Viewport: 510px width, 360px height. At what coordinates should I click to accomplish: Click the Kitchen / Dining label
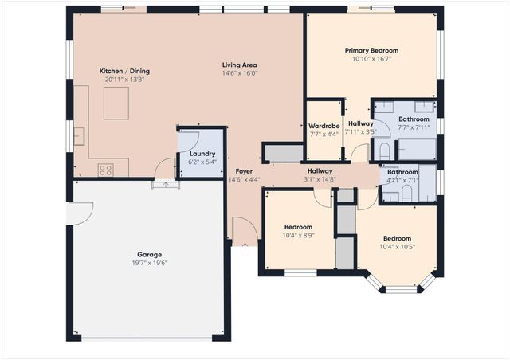point(124,71)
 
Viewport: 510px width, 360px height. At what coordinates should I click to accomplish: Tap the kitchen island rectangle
point(116,102)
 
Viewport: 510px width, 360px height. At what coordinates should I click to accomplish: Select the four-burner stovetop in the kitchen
point(105,169)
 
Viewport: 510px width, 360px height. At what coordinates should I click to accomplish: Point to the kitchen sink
point(80,136)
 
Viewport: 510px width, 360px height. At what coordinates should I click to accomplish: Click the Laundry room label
point(201,153)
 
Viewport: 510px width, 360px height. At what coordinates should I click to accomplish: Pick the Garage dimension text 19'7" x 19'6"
point(150,263)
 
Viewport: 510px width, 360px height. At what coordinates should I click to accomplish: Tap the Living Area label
point(239,65)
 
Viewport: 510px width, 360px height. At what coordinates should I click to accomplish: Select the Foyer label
point(244,171)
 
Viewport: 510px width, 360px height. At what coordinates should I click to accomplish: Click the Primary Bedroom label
point(371,50)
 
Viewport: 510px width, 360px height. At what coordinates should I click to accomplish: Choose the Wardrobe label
point(324,126)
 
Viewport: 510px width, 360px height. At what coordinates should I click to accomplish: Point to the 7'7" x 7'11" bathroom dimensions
point(414,127)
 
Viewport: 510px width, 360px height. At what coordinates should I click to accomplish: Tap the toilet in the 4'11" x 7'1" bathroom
point(406,192)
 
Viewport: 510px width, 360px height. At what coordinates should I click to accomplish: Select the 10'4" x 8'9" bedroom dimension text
point(298,235)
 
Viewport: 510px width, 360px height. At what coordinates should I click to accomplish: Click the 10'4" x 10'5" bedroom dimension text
point(397,246)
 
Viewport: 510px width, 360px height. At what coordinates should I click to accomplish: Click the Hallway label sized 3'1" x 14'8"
point(320,170)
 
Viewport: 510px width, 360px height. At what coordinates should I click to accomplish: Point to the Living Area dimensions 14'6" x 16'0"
point(239,73)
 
